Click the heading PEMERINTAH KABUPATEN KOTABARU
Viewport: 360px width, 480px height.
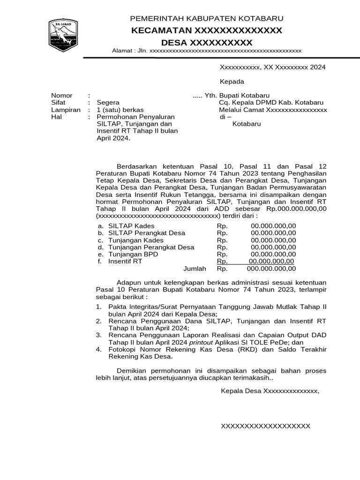206,19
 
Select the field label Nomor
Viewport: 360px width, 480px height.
62,96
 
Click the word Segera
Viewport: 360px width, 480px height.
108,103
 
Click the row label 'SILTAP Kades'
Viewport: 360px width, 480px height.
131,225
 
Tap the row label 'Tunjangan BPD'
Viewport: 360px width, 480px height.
133,254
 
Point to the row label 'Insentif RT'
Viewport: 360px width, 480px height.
125,261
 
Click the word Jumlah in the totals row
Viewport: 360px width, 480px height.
195,269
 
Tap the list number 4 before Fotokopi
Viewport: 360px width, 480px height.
98,349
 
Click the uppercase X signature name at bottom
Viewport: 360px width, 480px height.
265,426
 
